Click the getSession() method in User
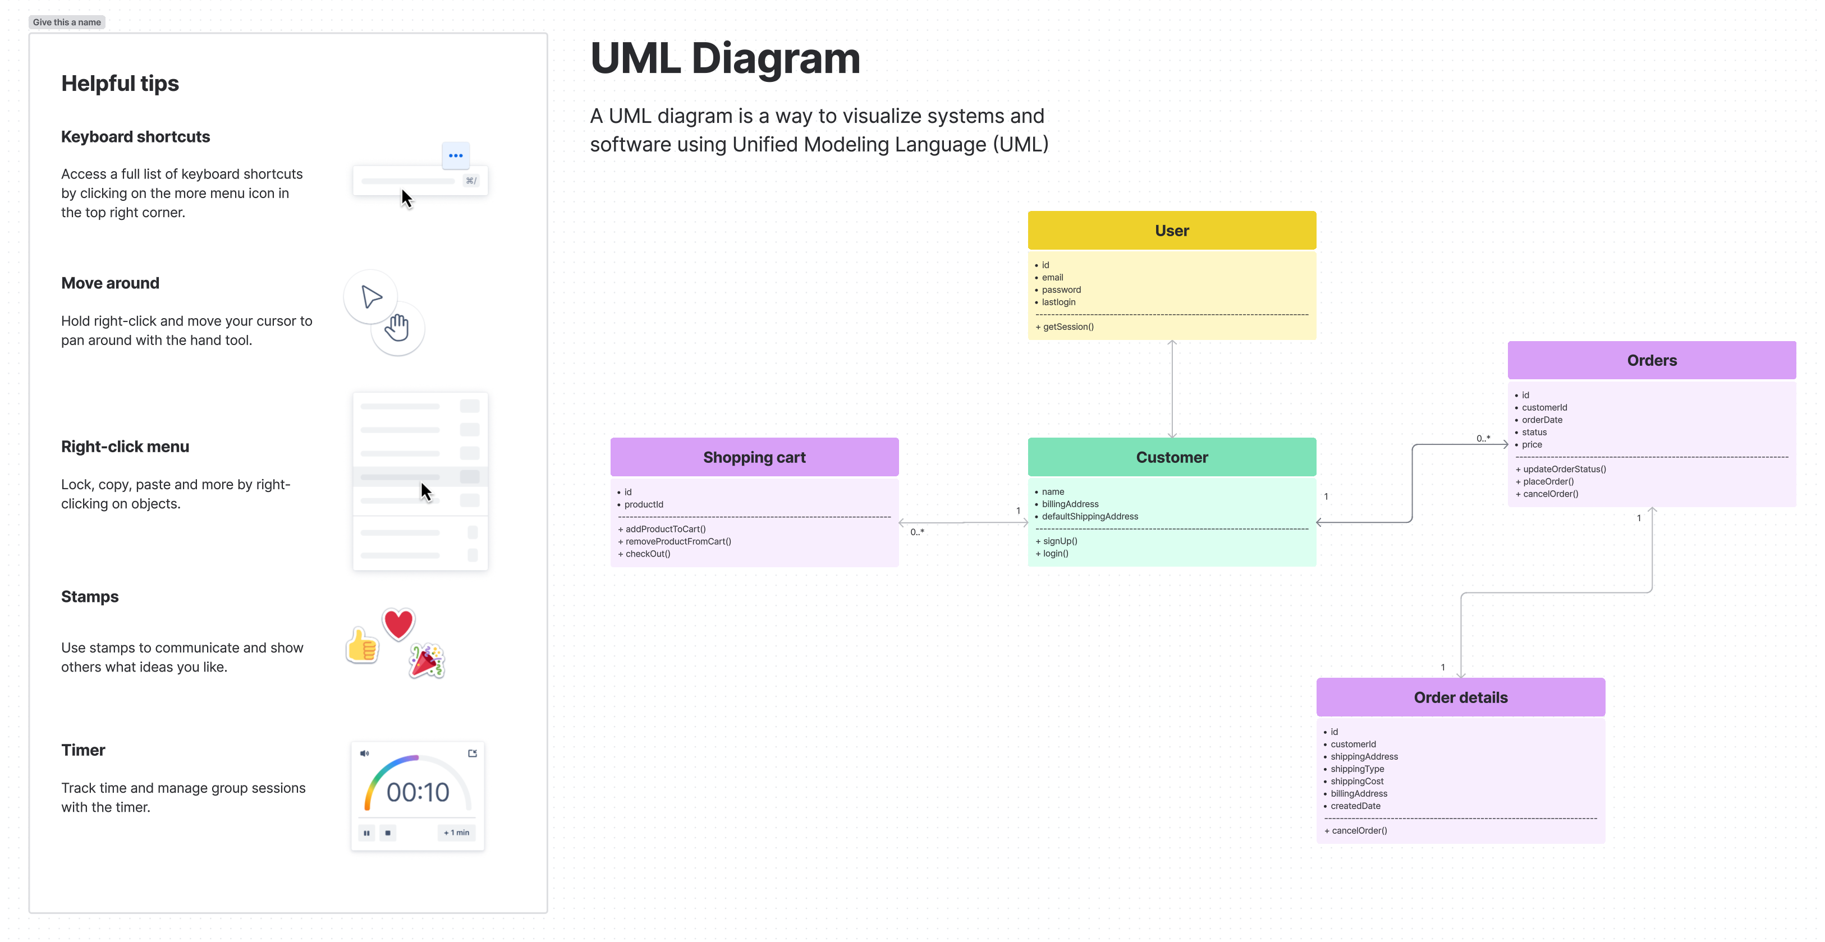[1067, 327]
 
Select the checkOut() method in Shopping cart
[647, 554]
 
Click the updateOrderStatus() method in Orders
[1563, 469]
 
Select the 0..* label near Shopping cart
[917, 532]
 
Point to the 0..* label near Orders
[1483, 438]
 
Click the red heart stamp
[398, 623]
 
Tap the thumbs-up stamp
[362, 645]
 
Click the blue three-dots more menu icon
[456, 155]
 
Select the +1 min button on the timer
[456, 832]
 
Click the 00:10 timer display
[418, 792]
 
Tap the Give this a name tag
[67, 22]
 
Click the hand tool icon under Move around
[397, 328]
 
